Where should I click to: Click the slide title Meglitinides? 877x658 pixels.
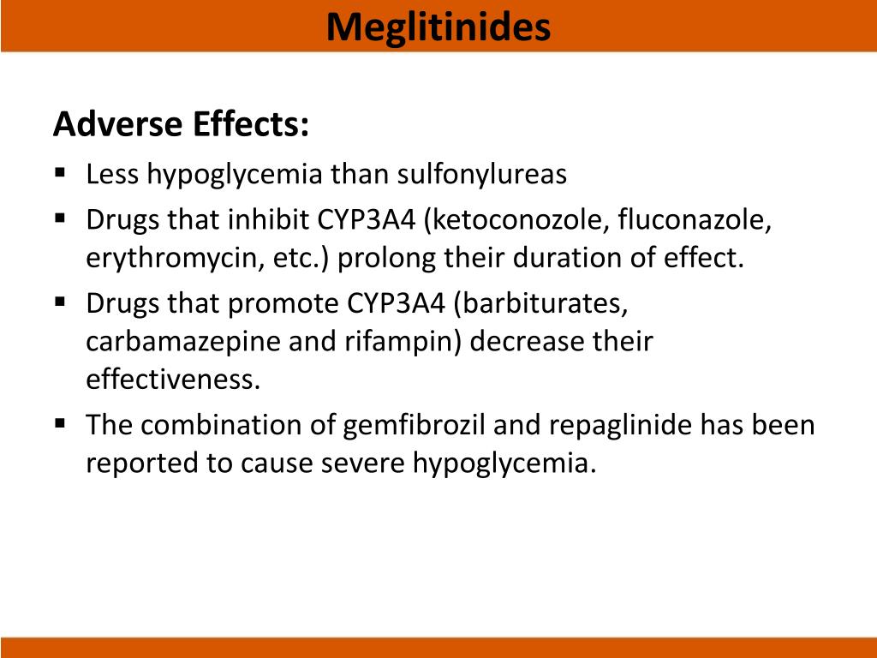point(438,27)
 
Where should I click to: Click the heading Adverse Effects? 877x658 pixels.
point(181,125)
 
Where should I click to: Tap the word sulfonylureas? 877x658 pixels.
point(481,175)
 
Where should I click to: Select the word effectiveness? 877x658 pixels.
point(171,380)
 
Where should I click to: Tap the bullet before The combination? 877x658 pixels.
point(60,422)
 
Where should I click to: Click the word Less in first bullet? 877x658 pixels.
point(112,175)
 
